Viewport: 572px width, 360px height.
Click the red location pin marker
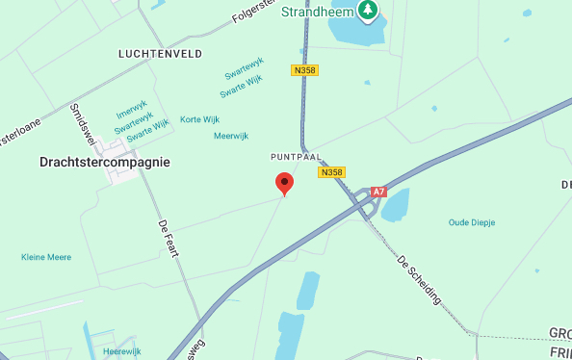[284, 183]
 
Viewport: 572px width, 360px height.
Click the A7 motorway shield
[378, 192]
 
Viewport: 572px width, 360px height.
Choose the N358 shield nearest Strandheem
[304, 70]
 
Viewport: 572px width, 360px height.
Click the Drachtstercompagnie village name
[105, 162]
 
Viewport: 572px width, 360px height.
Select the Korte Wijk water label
[200, 119]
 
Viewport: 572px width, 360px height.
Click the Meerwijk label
[231, 136]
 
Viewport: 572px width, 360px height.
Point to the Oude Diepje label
[472, 222]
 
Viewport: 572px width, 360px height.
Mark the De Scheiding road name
[419, 279]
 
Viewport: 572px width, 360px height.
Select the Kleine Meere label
[46, 257]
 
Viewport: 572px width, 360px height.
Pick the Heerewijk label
[122, 352]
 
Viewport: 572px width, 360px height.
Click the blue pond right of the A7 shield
[397, 204]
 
